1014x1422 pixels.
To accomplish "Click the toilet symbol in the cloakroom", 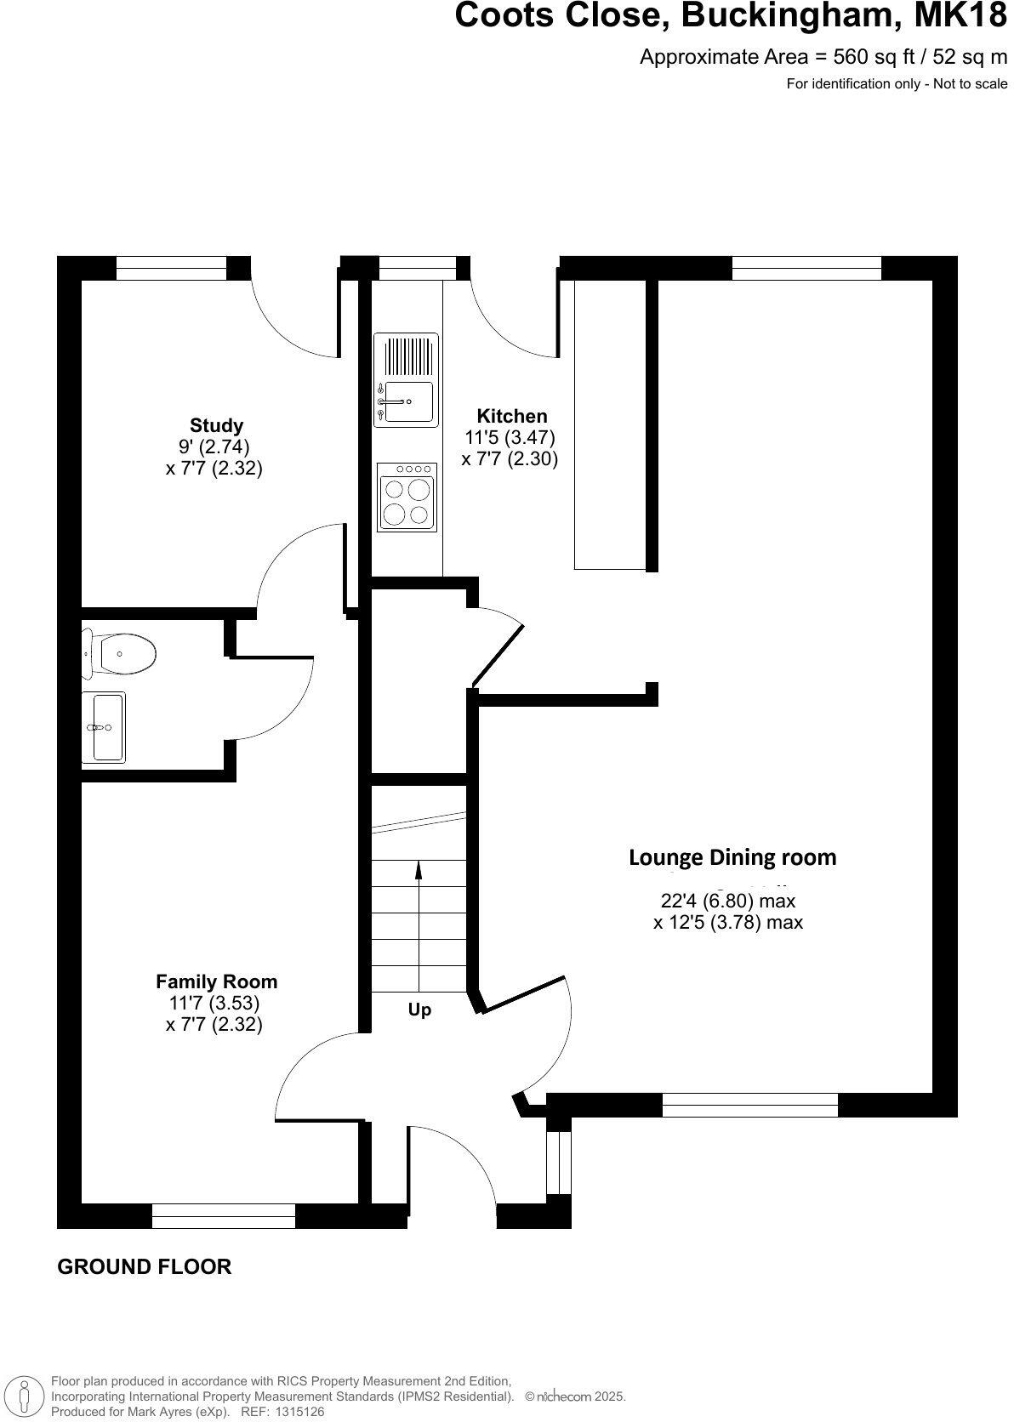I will [x=123, y=654].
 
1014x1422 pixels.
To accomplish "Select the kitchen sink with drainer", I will [x=407, y=379].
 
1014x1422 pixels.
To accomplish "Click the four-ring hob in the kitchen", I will [x=407, y=497].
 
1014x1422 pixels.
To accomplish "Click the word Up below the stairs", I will [x=419, y=1010].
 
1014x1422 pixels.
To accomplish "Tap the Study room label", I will [x=216, y=425].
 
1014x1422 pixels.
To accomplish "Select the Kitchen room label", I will [x=511, y=416].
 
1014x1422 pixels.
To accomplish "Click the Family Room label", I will [x=216, y=981].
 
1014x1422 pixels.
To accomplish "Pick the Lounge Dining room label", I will [x=732, y=857].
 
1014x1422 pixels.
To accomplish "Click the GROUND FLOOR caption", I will [x=144, y=1266].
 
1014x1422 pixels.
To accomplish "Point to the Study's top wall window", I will [x=171, y=268].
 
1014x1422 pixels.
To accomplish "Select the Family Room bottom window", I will [x=223, y=1215].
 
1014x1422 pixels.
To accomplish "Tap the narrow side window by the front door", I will [x=559, y=1163].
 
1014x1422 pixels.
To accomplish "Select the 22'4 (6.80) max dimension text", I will [x=728, y=901].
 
